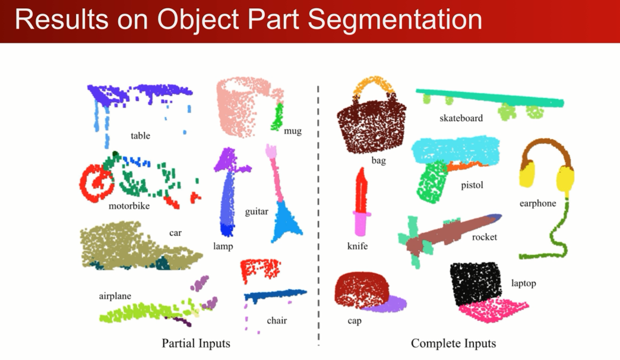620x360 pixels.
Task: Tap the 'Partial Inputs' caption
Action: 195,343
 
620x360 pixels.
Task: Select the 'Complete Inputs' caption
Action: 453,343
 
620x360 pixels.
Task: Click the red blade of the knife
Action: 362,190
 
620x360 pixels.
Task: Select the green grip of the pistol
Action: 432,181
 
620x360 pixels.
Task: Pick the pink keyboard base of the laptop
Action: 492,310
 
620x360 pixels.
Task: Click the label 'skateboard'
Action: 461,118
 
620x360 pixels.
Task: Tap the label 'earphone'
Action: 537,203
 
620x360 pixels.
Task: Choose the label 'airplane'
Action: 115,296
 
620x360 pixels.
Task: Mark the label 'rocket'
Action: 484,237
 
